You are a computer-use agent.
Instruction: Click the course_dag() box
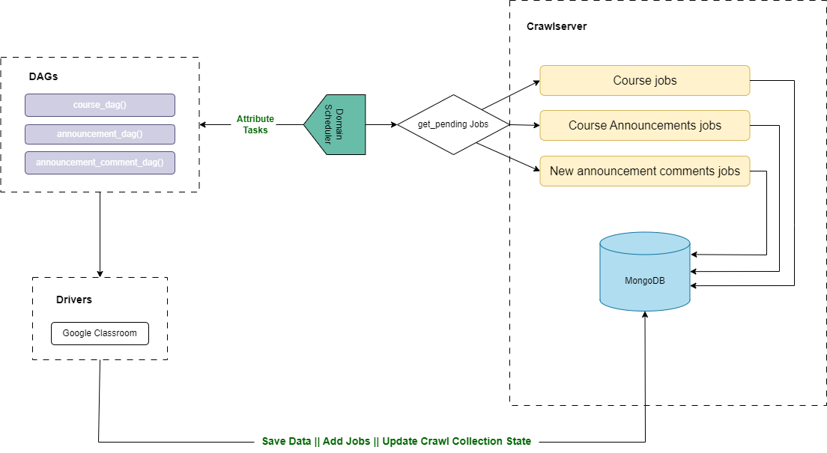pos(100,105)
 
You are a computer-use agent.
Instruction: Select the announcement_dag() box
pos(100,135)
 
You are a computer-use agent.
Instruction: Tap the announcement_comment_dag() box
pos(100,162)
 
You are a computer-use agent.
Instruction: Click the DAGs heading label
pos(43,76)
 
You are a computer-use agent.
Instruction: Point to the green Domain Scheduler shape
pos(336,124)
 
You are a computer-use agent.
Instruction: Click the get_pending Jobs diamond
pos(452,124)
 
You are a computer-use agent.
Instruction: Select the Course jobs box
pos(644,80)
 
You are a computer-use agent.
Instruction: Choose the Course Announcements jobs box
pos(644,125)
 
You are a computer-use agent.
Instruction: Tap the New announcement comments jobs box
pos(644,171)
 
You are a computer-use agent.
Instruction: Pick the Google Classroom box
pos(100,333)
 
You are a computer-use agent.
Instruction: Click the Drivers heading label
pos(74,300)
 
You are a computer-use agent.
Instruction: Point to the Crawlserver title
pos(557,26)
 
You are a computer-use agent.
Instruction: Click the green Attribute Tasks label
pos(255,124)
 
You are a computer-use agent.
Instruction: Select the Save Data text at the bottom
pos(286,441)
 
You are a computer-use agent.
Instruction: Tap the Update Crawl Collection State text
pos(456,441)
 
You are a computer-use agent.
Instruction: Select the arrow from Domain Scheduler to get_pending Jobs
pos(381,124)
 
